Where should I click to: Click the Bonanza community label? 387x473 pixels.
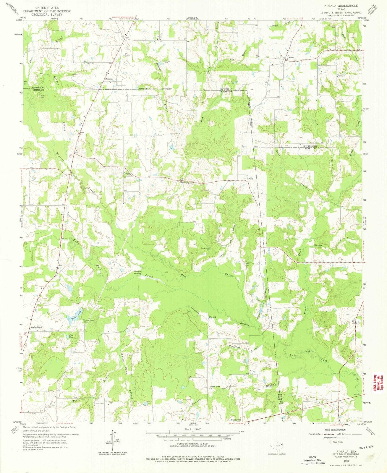110,80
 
